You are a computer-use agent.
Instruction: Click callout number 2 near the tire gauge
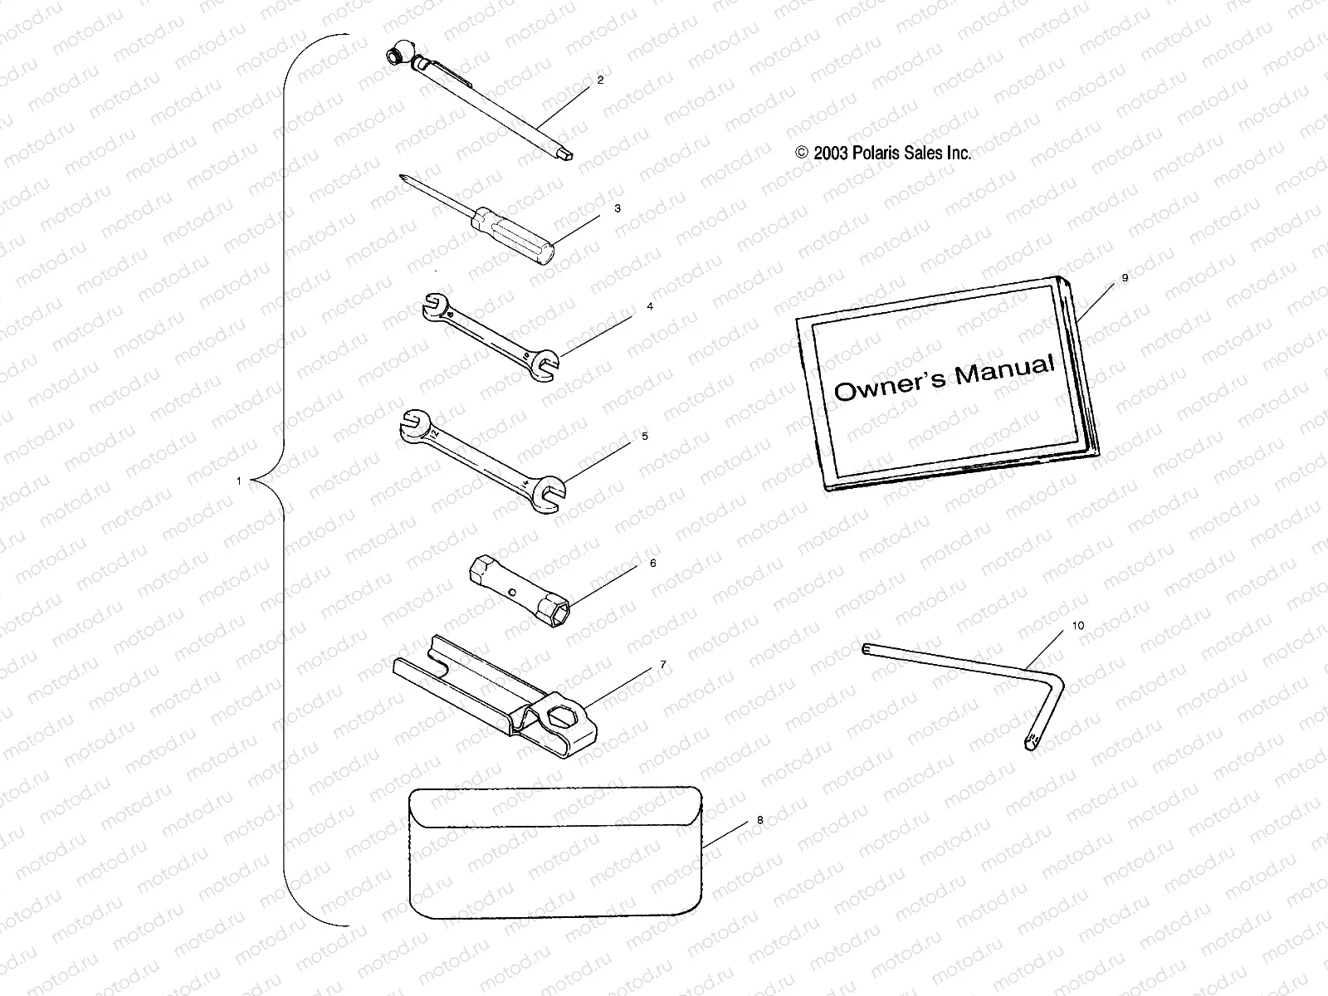(600, 81)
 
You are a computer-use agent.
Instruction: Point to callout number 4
(650, 306)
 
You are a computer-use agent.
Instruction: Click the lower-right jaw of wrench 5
(549, 493)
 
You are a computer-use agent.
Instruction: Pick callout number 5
(645, 436)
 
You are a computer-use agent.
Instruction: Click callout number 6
(653, 563)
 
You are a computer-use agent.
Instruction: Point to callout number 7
(662, 665)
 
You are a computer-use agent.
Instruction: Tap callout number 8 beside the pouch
(759, 820)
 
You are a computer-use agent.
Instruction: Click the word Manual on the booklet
(1004, 371)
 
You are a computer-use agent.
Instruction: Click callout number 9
(1125, 278)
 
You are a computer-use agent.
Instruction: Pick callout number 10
(1078, 625)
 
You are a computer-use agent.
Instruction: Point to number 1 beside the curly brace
(239, 481)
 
